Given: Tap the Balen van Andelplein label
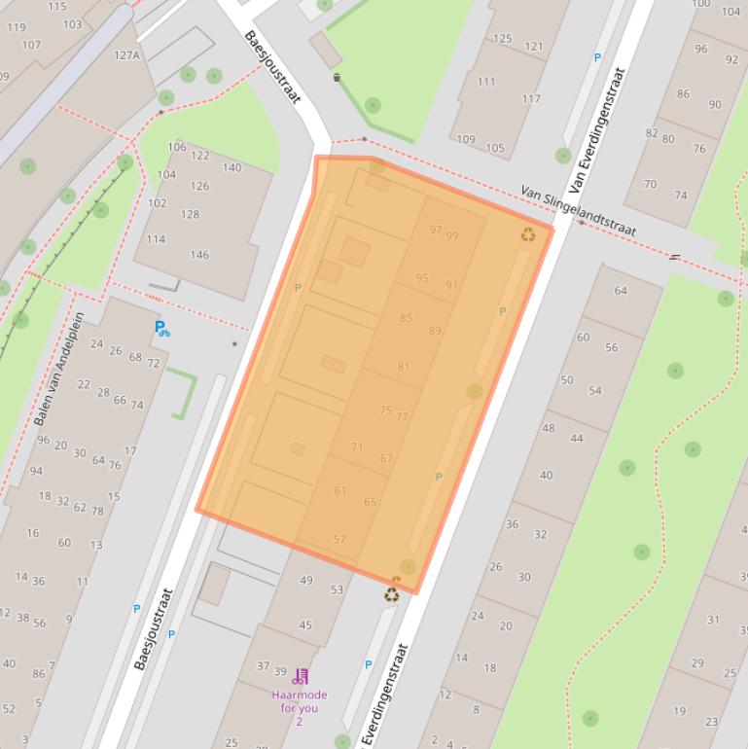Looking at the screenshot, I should coord(58,369).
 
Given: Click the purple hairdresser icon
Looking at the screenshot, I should coord(300,677).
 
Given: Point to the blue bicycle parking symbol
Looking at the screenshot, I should coord(161,329).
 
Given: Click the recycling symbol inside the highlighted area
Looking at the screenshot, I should coord(528,234).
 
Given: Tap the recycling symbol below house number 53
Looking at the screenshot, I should coord(391,593).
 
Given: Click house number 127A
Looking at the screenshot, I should coord(126,55).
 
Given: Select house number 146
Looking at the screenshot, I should coord(199,255).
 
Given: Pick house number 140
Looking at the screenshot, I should coord(232,167).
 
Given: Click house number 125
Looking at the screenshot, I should coord(502,39).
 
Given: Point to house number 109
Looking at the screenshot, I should coord(466,139).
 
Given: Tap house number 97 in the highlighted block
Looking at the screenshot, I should coord(435,230).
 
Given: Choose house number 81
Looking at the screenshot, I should coord(404,367).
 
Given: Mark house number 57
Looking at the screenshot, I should coord(339,539).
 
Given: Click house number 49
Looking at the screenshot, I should coord(306,581).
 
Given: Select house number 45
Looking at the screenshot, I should coord(305,625).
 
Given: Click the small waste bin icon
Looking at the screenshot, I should coord(337,77).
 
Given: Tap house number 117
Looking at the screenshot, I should coord(531,99).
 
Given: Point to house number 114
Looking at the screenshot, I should coord(156,239).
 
